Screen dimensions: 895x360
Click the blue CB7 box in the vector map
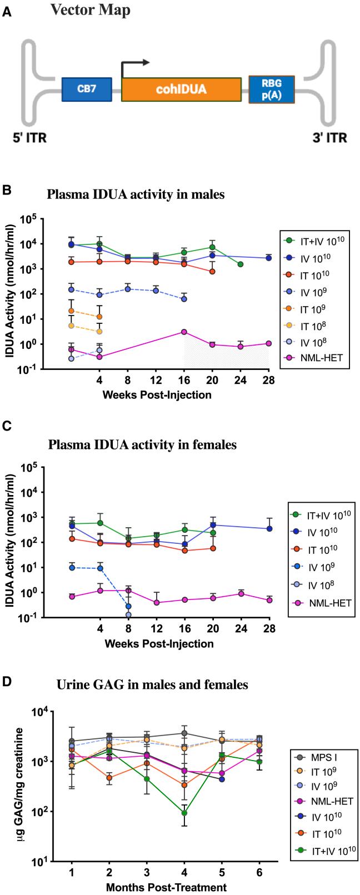point(87,89)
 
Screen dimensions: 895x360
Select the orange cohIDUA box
point(181,89)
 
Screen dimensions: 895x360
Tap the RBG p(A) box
point(271,89)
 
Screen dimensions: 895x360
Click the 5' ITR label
point(24,138)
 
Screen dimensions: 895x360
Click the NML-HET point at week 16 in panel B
point(184,332)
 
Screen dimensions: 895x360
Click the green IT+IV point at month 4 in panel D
point(184,813)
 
